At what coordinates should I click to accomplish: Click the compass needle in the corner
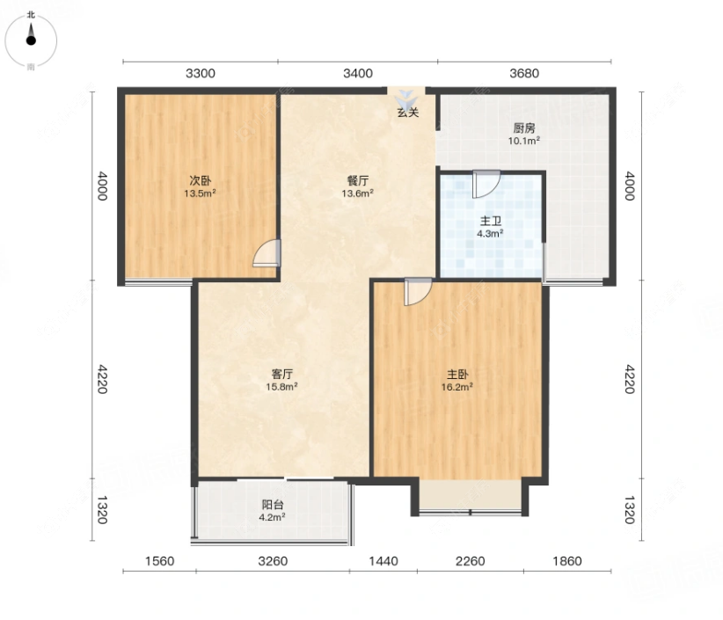31,35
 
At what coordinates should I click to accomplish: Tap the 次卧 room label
201,180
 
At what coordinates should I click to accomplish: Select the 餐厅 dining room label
357,180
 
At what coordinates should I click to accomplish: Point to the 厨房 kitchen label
524,128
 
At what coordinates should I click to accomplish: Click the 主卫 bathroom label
490,221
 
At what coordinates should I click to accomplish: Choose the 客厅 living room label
281,374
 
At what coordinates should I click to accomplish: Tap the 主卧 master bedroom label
457,375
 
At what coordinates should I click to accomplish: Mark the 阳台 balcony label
272,505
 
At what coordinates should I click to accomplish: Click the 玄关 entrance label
408,112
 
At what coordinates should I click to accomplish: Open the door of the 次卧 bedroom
267,253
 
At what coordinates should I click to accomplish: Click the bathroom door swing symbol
486,184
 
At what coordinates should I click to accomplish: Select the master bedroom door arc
418,291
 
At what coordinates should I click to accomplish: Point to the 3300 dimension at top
201,73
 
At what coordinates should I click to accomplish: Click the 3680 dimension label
524,73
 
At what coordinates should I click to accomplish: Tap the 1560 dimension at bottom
159,561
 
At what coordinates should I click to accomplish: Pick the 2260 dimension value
471,561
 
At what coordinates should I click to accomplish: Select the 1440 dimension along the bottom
383,561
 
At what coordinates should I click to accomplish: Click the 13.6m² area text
357,193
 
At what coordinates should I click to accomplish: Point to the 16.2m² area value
457,387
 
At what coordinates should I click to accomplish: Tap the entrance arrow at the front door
406,99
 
